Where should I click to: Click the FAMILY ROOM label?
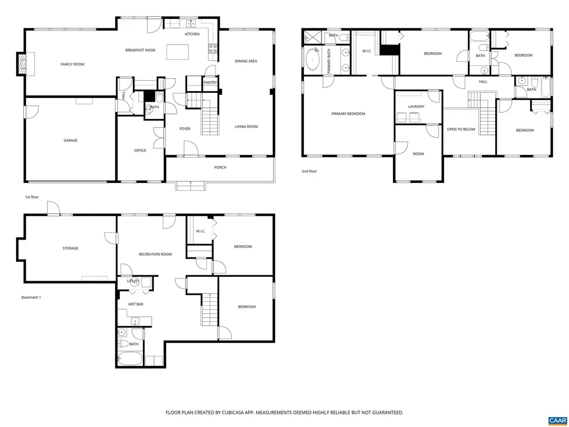pyautogui.click(x=72, y=64)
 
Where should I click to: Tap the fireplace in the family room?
pyautogui.click(x=22, y=64)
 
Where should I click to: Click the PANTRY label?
pyautogui.click(x=210, y=83)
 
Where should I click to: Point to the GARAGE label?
pyautogui.click(x=70, y=141)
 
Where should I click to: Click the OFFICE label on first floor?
pyautogui.click(x=140, y=151)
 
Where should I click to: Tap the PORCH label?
pyautogui.click(x=220, y=167)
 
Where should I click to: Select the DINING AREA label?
pyautogui.click(x=246, y=61)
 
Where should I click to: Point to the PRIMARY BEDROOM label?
pyautogui.click(x=348, y=114)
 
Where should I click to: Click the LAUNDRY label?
pyautogui.click(x=416, y=107)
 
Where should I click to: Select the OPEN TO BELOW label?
pyautogui.click(x=461, y=130)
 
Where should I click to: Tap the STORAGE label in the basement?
pyautogui.click(x=70, y=249)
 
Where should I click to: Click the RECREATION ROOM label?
pyautogui.click(x=155, y=255)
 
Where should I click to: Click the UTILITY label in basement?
pyautogui.click(x=133, y=281)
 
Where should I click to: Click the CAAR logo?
pyautogui.click(x=557, y=420)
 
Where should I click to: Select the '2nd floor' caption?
pyautogui.click(x=309, y=172)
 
